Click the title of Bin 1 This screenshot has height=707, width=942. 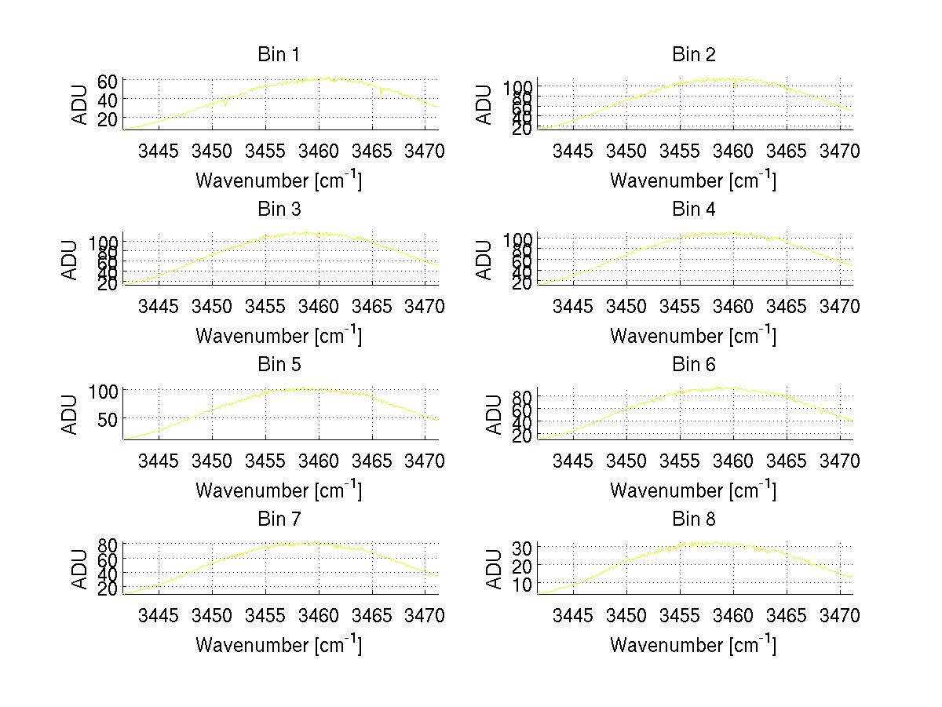click(279, 55)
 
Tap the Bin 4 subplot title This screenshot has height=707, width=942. click(694, 210)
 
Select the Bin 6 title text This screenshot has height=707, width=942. click(694, 365)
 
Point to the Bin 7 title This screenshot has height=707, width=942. click(279, 519)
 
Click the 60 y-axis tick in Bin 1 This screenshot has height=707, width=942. click(108, 81)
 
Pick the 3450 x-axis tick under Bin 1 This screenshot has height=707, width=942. click(212, 151)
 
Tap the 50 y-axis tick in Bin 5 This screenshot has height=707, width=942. click(108, 419)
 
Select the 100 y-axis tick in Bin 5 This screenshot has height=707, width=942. click(104, 391)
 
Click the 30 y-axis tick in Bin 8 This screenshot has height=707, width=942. click(523, 547)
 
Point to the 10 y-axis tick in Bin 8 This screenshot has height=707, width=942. click(523, 585)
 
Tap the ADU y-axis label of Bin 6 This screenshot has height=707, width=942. click(495, 414)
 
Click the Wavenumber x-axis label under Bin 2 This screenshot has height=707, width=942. click(693, 180)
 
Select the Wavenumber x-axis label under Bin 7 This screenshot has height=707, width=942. click(279, 645)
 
